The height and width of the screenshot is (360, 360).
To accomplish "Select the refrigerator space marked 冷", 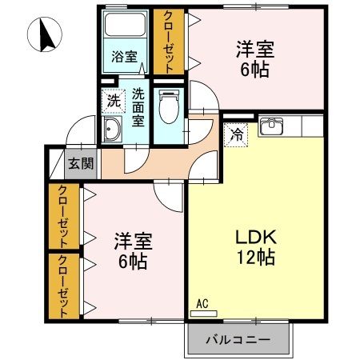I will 237,135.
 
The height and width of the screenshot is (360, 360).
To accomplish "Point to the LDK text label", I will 255,237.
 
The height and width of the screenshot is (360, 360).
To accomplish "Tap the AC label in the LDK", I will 202,303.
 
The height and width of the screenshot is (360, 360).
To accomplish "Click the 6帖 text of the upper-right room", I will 255,69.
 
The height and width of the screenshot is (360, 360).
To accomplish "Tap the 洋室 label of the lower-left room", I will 133,241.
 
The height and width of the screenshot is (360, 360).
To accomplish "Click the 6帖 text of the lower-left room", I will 133,261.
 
